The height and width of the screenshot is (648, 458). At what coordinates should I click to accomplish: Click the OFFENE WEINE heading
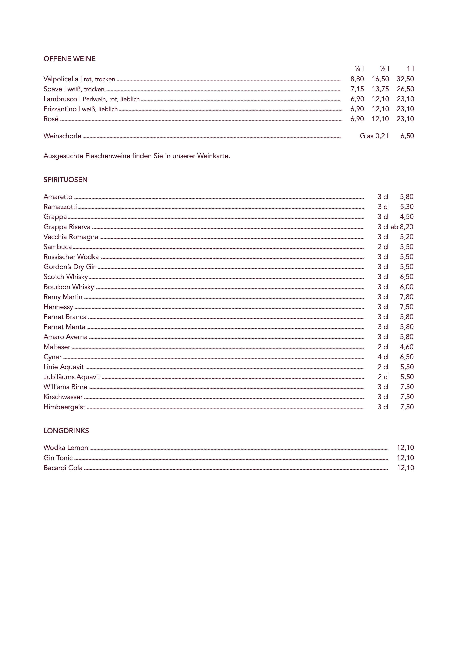[x=69, y=59]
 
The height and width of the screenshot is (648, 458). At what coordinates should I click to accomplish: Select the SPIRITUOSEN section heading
[x=65, y=180]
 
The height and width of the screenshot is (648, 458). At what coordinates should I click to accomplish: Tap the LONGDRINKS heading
[x=66, y=431]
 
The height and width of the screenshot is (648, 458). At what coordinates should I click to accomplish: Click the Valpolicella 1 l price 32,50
[x=405, y=79]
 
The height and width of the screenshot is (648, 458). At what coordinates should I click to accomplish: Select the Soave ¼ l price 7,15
[x=357, y=89]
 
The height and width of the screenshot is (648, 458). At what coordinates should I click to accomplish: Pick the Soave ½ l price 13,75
[x=380, y=89]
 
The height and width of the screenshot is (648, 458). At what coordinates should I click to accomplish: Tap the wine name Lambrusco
[x=60, y=99]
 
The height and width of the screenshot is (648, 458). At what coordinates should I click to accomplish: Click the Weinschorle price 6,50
[x=407, y=136]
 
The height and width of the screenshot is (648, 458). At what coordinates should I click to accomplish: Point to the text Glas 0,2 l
[x=374, y=136]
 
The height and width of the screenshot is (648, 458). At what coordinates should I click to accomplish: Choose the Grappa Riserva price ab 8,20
[x=402, y=227]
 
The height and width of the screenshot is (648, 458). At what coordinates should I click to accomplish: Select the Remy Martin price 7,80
[x=407, y=297]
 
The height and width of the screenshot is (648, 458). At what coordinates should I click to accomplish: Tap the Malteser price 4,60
[x=407, y=347]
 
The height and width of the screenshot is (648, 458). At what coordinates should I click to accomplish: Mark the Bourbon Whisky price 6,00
[x=407, y=287]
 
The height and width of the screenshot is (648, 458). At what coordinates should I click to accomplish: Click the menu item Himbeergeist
[x=64, y=407]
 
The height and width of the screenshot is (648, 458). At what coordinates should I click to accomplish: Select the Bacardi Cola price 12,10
[x=405, y=468]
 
